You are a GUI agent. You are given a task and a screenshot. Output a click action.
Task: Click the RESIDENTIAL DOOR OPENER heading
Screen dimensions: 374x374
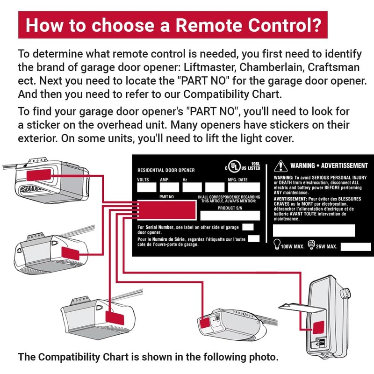(x=166, y=170)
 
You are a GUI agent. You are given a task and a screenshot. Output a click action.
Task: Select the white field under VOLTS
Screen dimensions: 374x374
(x=146, y=187)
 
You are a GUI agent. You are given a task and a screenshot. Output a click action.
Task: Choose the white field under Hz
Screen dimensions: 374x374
(x=192, y=187)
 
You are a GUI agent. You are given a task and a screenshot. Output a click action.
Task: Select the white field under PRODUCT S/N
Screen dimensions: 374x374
(x=230, y=216)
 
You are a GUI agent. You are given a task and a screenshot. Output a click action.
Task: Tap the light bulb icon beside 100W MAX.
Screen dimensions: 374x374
(x=277, y=244)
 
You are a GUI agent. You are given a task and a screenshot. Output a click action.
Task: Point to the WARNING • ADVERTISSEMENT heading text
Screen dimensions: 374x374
(x=329, y=166)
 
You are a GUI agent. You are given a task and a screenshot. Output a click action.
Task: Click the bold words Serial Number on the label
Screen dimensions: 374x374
(x=159, y=227)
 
